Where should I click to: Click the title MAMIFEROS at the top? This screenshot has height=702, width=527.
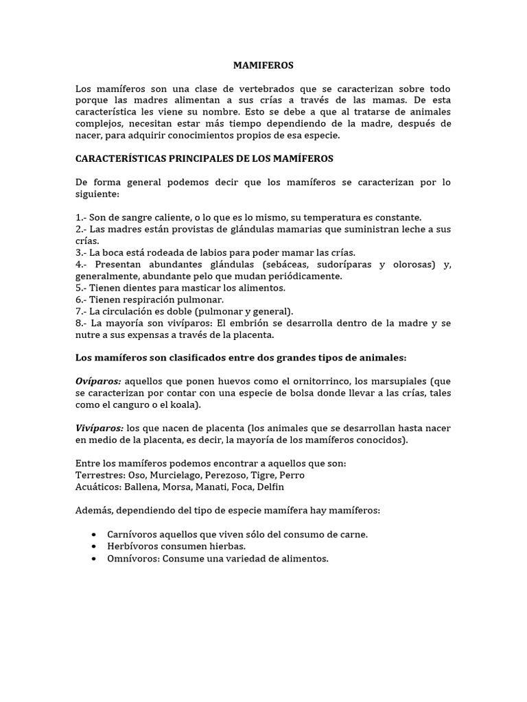click(x=263, y=66)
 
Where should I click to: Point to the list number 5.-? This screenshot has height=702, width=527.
click(x=82, y=288)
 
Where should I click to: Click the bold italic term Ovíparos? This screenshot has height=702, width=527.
click(x=99, y=381)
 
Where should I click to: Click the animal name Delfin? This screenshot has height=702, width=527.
click(x=268, y=487)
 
